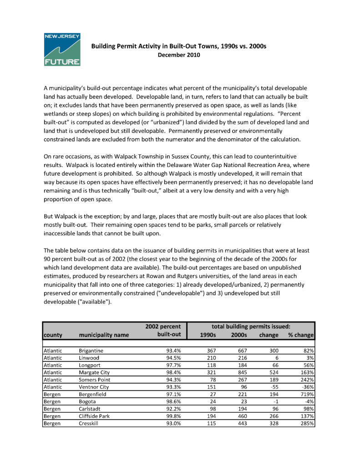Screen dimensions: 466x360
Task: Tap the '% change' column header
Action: click(x=302, y=335)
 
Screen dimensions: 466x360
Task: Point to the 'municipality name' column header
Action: click(x=104, y=335)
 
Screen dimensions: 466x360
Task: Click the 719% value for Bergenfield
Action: click(x=309, y=394)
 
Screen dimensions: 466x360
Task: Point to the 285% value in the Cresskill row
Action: click(x=309, y=423)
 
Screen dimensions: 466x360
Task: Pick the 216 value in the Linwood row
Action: click(x=239, y=358)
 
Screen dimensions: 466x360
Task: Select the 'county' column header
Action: click(x=53, y=335)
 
